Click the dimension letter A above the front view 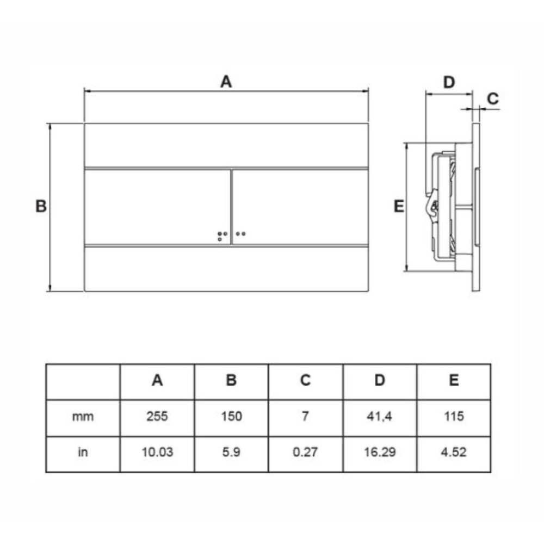pos(226,82)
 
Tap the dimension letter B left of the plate pos(41,206)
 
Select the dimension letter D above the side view pos(449,82)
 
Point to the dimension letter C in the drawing pos(493,99)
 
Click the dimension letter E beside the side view pos(399,206)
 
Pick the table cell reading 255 pos(157,416)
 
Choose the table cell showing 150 pos(231,416)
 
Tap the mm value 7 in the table pos(305,416)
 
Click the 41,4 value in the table pos(379,416)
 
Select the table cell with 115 pos(454,416)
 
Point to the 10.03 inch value pos(157,452)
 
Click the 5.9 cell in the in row pos(231,452)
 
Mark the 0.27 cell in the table pos(305,452)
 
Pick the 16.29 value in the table pos(380,452)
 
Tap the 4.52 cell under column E pos(454,452)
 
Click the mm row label pos(83,416)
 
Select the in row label pos(83,452)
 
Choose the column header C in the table pos(305,380)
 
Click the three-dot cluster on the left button pos(222,236)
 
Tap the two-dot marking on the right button pos(240,233)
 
